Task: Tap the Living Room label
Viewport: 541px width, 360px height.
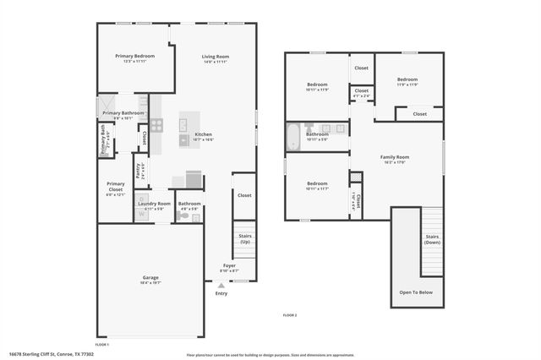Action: (216, 57)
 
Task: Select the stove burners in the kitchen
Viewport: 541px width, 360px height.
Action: (156, 123)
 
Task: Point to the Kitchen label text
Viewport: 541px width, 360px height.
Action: (204, 134)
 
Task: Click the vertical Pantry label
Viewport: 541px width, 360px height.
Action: (141, 172)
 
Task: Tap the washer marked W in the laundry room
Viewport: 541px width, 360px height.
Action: (142, 215)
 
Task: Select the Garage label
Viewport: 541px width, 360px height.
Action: (150, 278)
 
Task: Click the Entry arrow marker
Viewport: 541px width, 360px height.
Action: (221, 286)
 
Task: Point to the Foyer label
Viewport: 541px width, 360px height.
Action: (229, 265)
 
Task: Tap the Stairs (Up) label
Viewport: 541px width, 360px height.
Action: (244, 239)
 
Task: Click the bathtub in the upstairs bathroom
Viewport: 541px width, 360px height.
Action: (293, 137)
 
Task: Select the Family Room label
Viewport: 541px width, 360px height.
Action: (394, 157)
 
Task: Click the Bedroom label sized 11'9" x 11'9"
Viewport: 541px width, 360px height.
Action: (407, 80)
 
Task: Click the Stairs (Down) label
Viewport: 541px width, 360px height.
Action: (431, 238)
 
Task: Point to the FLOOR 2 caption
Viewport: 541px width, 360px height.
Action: (289, 315)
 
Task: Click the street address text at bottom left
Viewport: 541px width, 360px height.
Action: (51, 354)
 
